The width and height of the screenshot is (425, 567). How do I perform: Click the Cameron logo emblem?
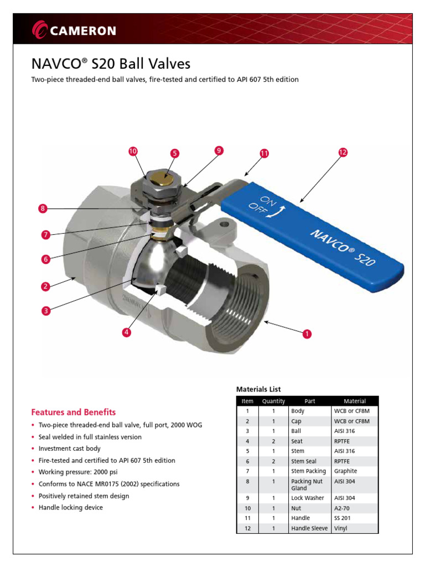(40, 30)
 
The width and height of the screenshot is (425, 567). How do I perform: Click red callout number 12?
(343, 152)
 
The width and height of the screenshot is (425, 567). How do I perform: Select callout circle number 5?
(174, 153)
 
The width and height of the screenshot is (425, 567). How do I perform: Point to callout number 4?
(127, 332)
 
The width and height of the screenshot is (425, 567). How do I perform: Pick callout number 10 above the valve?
(132, 151)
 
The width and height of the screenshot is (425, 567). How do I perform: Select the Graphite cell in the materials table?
(346, 471)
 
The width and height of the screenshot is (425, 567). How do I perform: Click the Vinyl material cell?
(341, 529)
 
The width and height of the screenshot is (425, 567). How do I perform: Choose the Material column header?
(354, 401)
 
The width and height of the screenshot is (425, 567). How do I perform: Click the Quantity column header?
(273, 401)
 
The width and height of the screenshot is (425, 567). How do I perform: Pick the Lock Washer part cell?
(308, 498)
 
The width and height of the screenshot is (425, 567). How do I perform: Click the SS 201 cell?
(343, 518)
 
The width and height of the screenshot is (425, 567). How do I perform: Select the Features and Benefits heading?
(74, 412)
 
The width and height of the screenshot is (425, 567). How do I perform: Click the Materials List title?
(258, 389)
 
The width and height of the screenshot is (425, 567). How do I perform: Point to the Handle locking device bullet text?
(70, 508)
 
